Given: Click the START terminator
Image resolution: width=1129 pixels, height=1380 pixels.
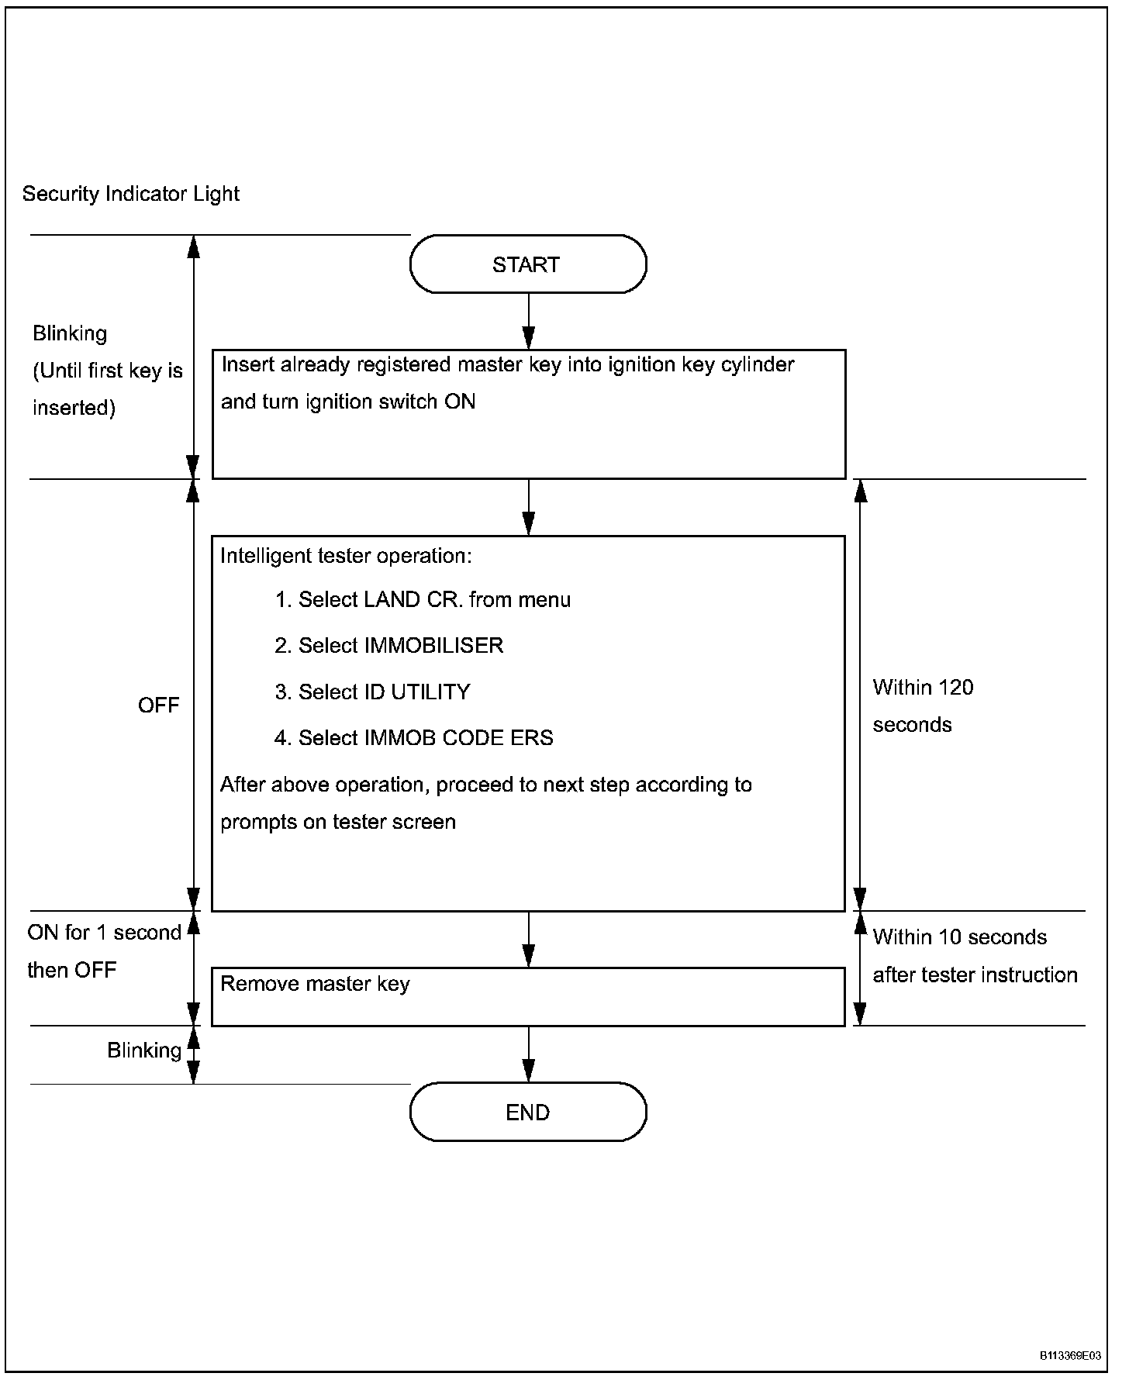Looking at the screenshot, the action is tap(528, 264).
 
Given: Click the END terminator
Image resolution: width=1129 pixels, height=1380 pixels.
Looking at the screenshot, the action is tap(528, 1113).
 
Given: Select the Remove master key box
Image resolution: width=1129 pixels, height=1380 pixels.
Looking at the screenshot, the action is tap(528, 997).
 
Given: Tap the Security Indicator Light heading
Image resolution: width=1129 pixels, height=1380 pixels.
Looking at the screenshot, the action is tap(131, 194).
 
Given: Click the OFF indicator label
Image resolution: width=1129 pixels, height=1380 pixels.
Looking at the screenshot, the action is tap(158, 706).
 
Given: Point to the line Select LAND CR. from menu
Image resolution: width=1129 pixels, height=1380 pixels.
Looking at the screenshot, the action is tap(423, 600).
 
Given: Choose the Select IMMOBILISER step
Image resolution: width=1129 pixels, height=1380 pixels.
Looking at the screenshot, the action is tap(388, 646).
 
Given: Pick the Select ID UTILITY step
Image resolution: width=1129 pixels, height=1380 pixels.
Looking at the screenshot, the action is tap(372, 692).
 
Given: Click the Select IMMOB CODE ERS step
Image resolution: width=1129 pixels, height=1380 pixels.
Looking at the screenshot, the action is tap(414, 738).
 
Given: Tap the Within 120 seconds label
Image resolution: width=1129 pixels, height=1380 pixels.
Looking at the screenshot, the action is tap(923, 706).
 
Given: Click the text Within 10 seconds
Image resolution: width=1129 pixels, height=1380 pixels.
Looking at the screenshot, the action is tap(960, 937).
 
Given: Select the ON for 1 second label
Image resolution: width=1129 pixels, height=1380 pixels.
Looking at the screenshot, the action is tap(104, 933).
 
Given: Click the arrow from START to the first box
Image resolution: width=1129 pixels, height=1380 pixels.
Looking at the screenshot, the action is tap(528, 321).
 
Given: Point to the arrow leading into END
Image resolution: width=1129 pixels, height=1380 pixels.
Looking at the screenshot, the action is tap(528, 1054).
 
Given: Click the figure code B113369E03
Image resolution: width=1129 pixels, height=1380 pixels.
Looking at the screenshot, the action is tap(1070, 1356).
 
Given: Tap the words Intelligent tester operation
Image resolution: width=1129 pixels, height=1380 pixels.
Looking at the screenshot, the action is tap(346, 556).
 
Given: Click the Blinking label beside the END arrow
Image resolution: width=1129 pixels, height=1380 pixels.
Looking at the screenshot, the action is tap(144, 1051).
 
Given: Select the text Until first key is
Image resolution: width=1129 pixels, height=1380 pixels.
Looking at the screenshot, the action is tap(108, 371).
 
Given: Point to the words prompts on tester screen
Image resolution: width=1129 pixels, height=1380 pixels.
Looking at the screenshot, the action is tap(338, 822).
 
